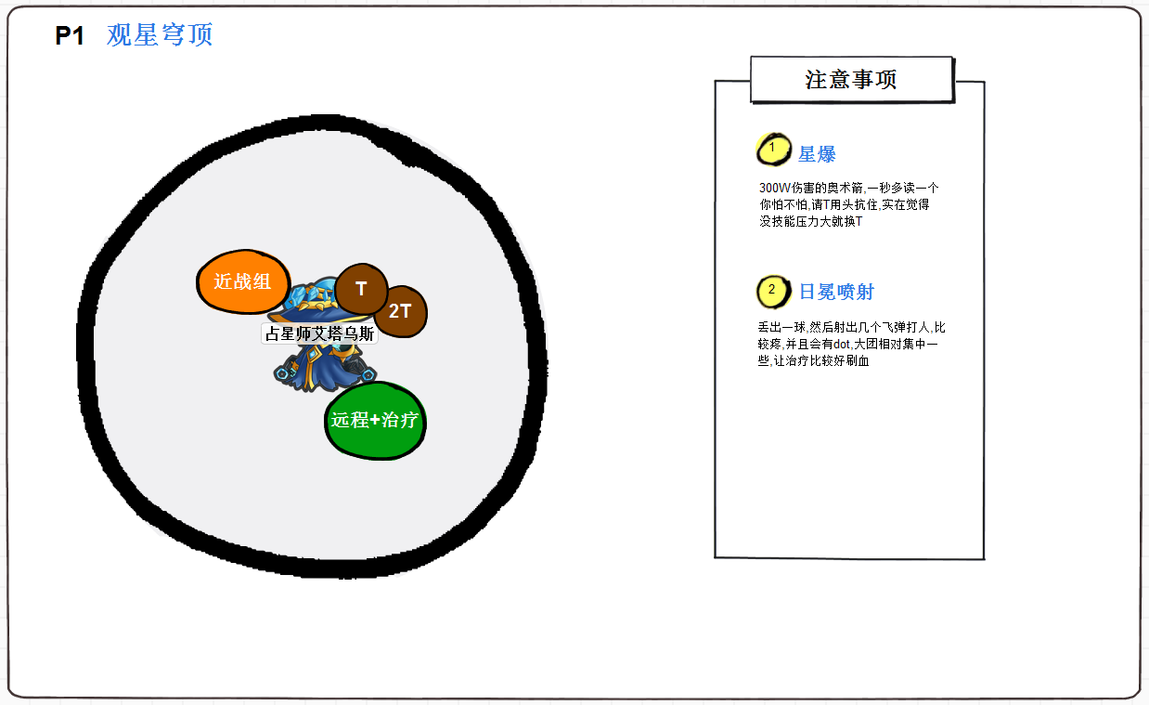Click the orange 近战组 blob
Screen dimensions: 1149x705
243,281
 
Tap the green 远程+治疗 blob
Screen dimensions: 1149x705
375,421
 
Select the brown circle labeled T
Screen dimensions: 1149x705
361,289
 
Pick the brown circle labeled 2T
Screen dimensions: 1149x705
400,311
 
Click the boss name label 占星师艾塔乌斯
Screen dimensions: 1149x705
319,334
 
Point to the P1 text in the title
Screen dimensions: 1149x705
70,36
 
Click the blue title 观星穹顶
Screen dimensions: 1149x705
160,35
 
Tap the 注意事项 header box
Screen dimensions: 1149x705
851,80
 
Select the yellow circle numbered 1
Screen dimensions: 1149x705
772,149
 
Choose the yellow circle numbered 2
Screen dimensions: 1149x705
772,292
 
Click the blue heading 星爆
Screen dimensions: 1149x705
817,154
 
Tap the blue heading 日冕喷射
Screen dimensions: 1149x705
836,292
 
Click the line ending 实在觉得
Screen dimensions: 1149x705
844,204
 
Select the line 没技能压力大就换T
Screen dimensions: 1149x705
810,221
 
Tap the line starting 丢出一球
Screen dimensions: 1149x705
851,327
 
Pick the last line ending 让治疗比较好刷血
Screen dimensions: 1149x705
813,361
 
